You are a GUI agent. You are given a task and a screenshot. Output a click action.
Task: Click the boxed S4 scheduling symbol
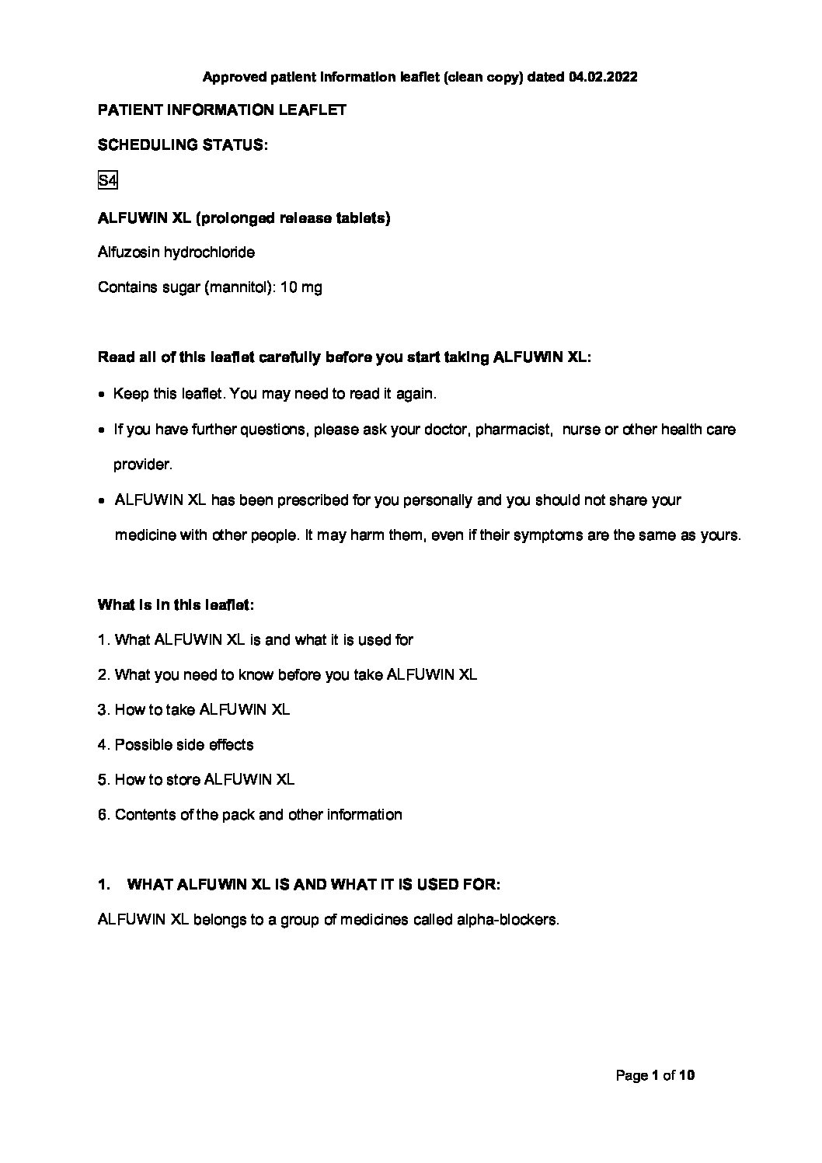click(x=107, y=182)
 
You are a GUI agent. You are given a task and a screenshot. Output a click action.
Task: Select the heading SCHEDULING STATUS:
click(x=183, y=145)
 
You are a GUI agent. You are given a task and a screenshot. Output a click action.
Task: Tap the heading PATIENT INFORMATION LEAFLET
click(x=222, y=110)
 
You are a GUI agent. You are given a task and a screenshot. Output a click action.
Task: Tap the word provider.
click(x=142, y=465)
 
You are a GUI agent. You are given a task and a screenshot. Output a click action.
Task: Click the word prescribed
click(x=309, y=500)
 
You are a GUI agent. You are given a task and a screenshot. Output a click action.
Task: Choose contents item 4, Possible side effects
click(x=176, y=745)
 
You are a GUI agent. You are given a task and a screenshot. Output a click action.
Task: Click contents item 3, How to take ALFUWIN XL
click(x=193, y=710)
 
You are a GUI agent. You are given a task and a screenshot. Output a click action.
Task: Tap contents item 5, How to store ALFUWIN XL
click(x=196, y=780)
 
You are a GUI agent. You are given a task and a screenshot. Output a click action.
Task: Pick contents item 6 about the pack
click(x=249, y=815)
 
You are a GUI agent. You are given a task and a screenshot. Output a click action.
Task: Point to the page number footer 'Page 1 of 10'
click(x=654, y=1076)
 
